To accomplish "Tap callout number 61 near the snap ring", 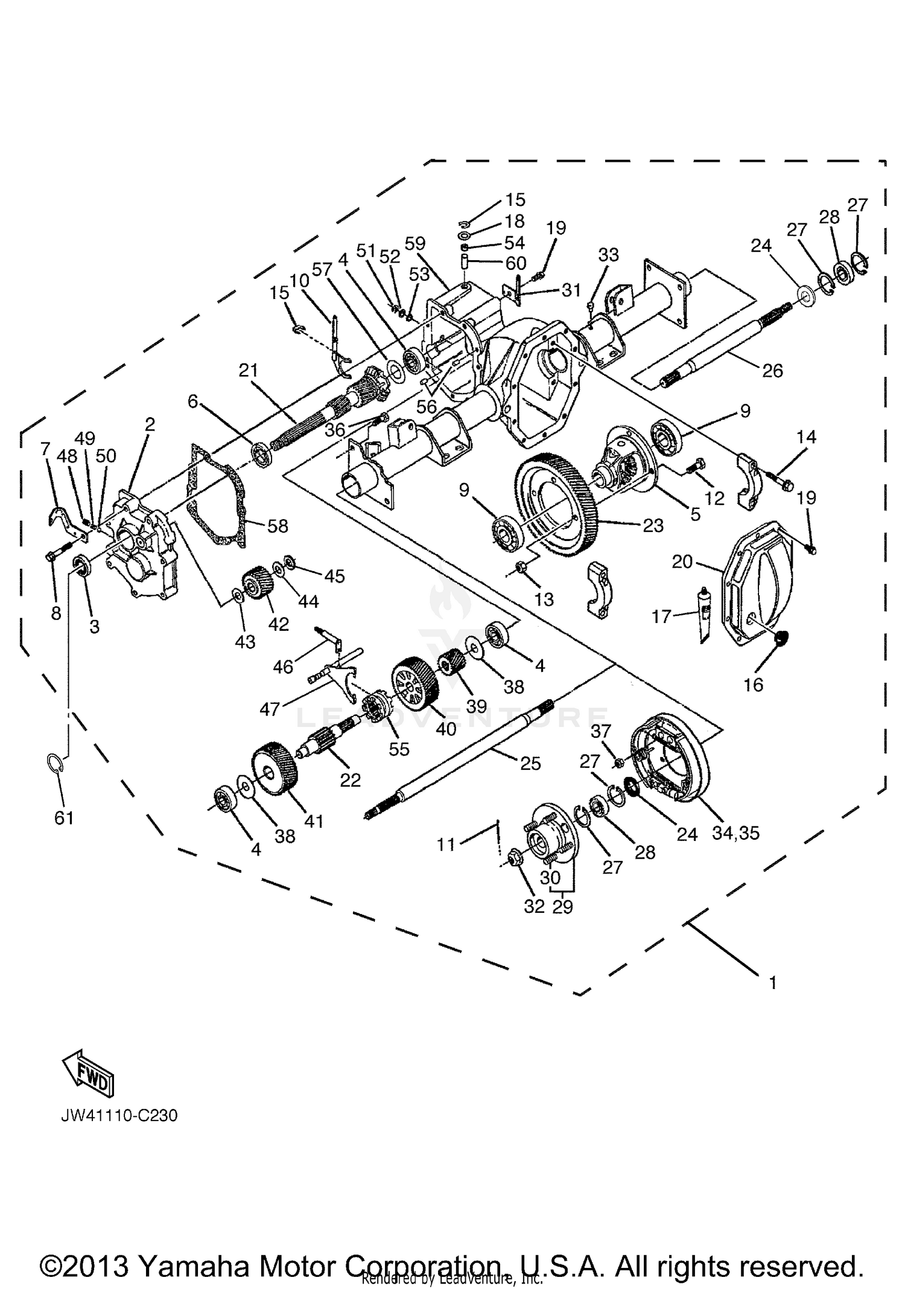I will pos(63,818).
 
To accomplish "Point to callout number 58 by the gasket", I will pos(278,526).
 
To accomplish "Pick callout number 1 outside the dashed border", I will pos(773,983).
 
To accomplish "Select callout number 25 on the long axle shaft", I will pos(530,763).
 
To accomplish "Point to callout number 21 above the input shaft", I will pos(248,369).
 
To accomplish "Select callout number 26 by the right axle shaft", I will pos(772,370).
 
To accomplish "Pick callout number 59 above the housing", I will pos(415,243).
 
